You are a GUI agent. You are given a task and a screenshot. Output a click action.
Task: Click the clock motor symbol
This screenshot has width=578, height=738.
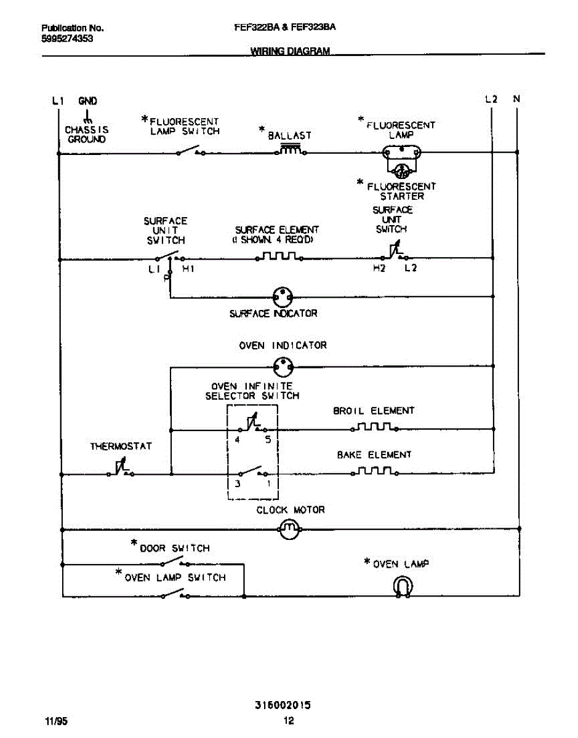[x=289, y=528]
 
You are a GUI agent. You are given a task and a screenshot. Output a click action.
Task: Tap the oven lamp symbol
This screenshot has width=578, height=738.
[x=403, y=587]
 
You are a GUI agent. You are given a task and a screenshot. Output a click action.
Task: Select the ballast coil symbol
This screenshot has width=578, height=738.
[x=291, y=150]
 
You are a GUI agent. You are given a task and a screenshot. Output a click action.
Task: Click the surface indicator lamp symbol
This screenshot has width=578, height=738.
[x=282, y=298]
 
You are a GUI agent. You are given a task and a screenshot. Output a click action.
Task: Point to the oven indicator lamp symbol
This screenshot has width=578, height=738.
[x=283, y=367]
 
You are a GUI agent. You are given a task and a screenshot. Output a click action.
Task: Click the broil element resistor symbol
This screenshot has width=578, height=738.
[x=374, y=426]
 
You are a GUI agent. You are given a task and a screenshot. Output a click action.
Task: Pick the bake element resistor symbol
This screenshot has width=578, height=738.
[x=374, y=471]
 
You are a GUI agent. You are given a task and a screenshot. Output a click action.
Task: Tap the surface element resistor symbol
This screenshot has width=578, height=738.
[x=279, y=256]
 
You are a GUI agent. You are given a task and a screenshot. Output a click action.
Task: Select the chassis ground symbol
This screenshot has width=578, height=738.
[x=87, y=116]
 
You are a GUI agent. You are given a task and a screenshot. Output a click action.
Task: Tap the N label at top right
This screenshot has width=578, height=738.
[x=516, y=98]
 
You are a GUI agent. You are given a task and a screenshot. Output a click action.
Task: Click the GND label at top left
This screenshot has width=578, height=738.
[x=87, y=101]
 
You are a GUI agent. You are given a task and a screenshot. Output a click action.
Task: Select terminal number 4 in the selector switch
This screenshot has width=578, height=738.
[x=237, y=440]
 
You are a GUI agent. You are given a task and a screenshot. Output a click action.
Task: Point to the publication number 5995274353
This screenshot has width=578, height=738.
[x=68, y=38]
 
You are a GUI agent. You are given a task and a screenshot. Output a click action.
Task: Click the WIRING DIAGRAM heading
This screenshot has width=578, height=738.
[x=291, y=52]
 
